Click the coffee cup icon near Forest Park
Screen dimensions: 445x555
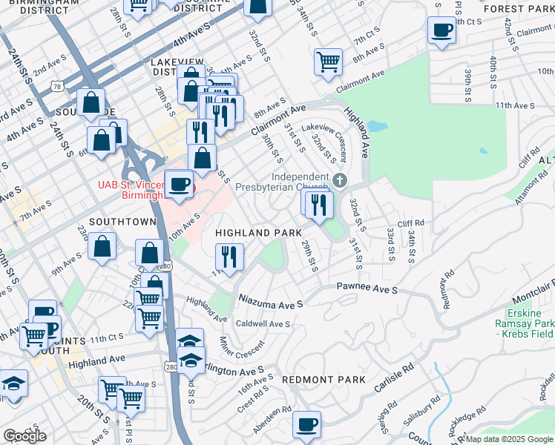[441, 30]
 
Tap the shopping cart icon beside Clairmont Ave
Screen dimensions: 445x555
[327, 62]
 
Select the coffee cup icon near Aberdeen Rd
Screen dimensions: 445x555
[306, 425]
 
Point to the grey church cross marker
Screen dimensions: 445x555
[340, 180]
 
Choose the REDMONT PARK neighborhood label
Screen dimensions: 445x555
[324, 379]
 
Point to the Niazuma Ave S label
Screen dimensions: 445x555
[271, 303]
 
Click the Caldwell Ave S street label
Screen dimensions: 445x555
[263, 324]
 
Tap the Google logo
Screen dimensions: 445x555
[24, 436]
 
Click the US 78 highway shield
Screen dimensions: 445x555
[56, 87]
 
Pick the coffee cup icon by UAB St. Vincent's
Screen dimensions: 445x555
[179, 184]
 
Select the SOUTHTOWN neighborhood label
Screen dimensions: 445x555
[122, 222]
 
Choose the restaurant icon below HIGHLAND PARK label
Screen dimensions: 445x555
[229, 257]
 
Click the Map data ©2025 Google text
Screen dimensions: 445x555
[508, 439]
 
